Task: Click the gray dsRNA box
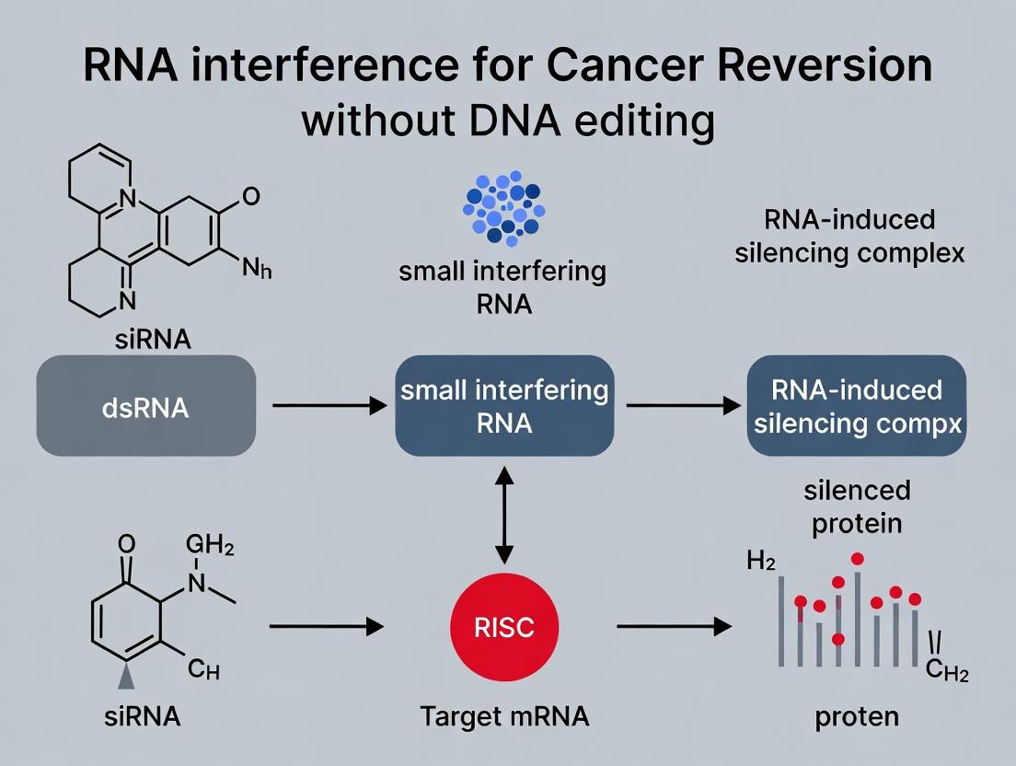click(x=145, y=406)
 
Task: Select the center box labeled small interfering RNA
click(x=504, y=406)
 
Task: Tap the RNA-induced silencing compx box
click(x=856, y=406)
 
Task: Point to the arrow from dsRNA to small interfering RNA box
click(x=327, y=405)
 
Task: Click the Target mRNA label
click(x=504, y=717)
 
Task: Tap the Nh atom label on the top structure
click(x=258, y=270)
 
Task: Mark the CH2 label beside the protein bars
click(x=946, y=672)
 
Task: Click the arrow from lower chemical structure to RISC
click(x=327, y=627)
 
